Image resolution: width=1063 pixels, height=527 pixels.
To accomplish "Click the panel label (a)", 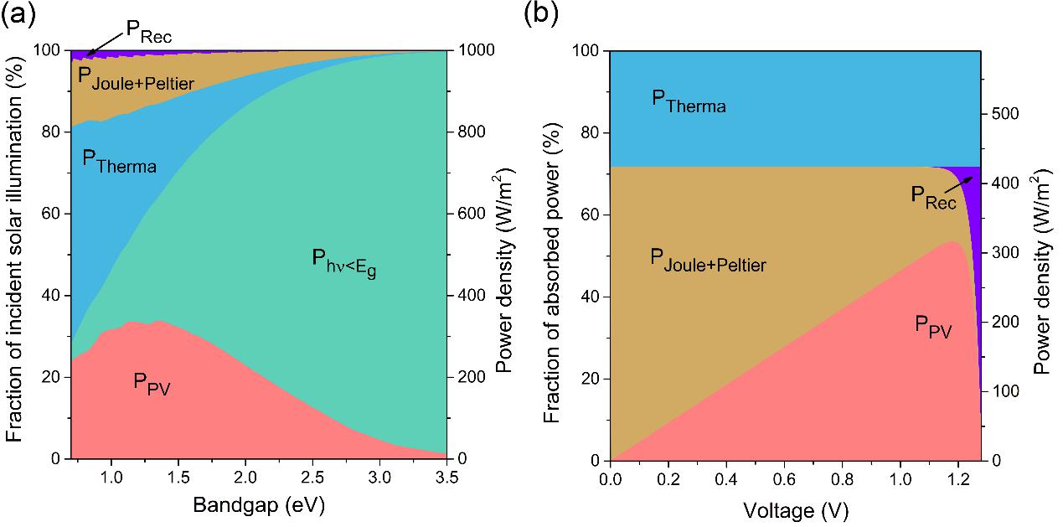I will tap(18, 14).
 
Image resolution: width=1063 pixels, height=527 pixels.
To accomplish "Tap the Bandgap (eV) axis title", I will tap(259, 505).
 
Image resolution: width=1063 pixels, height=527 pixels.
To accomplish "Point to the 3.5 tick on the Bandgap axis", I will tap(446, 478).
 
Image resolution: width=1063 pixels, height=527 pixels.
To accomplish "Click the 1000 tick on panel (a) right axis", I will tap(475, 50).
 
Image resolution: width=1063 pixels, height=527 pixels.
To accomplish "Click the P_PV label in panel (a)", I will tap(152, 384).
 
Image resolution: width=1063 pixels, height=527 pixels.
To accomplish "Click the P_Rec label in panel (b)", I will tap(933, 198).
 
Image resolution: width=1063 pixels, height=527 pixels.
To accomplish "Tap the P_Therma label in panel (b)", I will tap(689, 102).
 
